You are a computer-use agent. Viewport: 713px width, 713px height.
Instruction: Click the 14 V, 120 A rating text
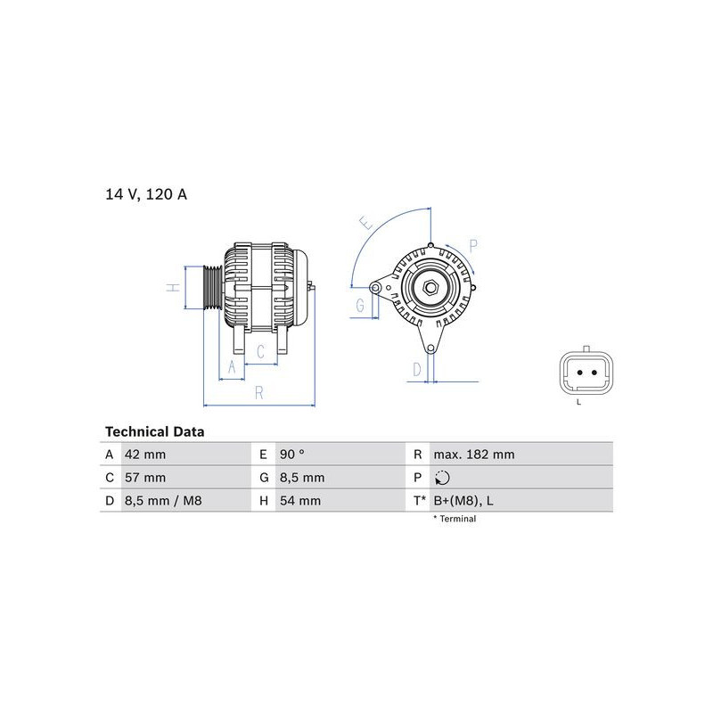point(146,194)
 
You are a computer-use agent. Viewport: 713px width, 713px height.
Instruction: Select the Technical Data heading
point(154,431)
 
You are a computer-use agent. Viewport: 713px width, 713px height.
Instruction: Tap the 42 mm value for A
point(145,455)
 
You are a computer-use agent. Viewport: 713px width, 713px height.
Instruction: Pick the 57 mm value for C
point(145,478)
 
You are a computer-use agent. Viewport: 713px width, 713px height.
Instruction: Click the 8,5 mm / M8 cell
point(163,501)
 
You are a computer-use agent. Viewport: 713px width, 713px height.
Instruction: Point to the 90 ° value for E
point(292,455)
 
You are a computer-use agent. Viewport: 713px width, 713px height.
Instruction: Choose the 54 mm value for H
point(300,501)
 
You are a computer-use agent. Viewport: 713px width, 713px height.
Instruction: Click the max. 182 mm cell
point(474,455)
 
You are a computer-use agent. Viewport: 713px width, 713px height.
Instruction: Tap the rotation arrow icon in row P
point(442,478)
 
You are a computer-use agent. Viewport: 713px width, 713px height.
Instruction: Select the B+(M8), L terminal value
point(463,501)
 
